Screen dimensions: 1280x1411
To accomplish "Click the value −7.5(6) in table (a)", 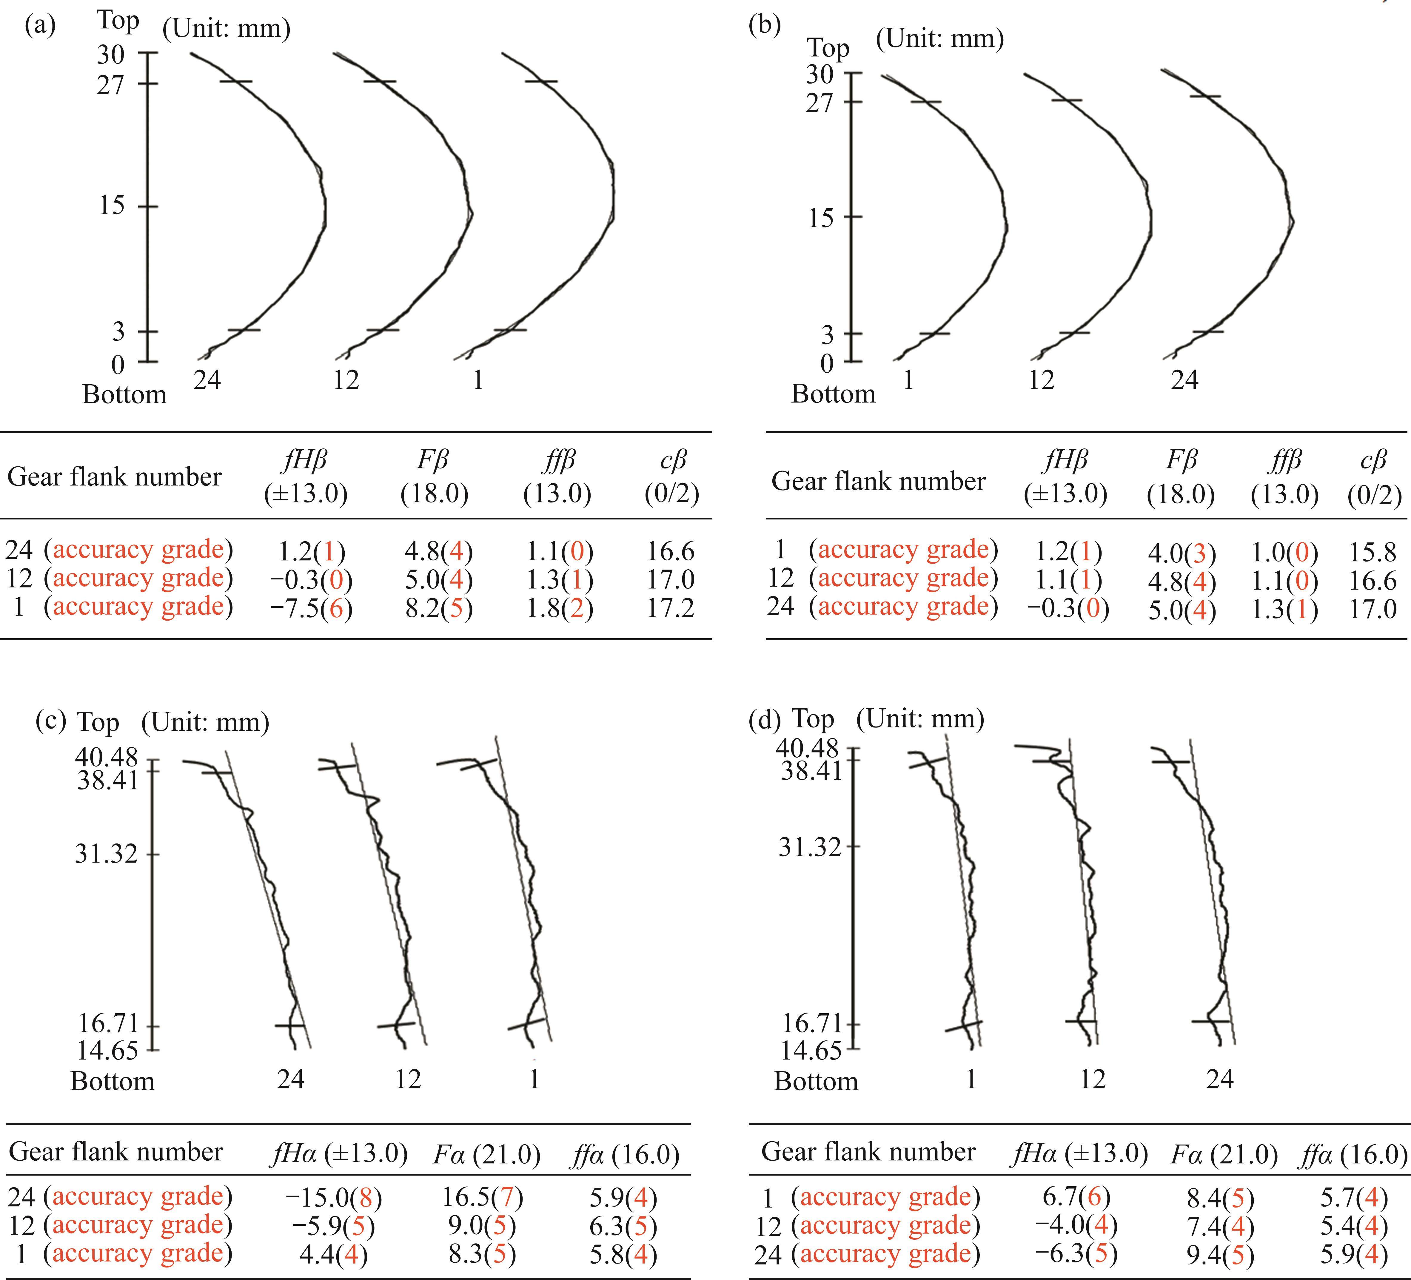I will pyautogui.click(x=312, y=608).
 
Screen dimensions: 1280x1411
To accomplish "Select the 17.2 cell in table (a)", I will pyautogui.click(x=670, y=608).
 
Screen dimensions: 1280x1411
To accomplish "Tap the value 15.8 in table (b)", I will pyautogui.click(x=1373, y=552).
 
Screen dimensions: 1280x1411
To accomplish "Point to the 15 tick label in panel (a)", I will pyautogui.click(x=112, y=206).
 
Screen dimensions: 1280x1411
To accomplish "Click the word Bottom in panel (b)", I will pyautogui.click(x=833, y=394).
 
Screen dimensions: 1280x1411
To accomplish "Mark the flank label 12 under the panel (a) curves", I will pyautogui.click(x=346, y=380).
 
